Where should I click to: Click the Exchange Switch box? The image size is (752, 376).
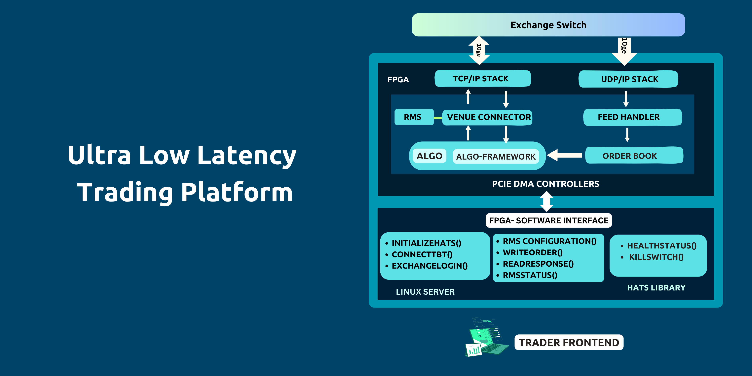tap(548, 25)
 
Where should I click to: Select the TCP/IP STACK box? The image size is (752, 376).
tap(482, 79)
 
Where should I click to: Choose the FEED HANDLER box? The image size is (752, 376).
tap(632, 117)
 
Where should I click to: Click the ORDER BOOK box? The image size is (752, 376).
tap(634, 156)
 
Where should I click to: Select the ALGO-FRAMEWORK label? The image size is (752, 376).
tap(496, 157)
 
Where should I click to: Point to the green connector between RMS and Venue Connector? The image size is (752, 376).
tap(438, 118)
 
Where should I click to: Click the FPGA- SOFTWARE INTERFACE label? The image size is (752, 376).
tap(548, 220)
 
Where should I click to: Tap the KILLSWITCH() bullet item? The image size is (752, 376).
tap(656, 257)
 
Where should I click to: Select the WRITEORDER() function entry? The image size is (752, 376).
tap(533, 252)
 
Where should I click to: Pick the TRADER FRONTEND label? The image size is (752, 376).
tap(569, 342)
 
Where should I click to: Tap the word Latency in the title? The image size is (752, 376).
tap(247, 155)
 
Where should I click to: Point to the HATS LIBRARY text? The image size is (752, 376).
tap(656, 287)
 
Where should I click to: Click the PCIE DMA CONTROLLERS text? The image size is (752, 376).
tap(545, 184)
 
